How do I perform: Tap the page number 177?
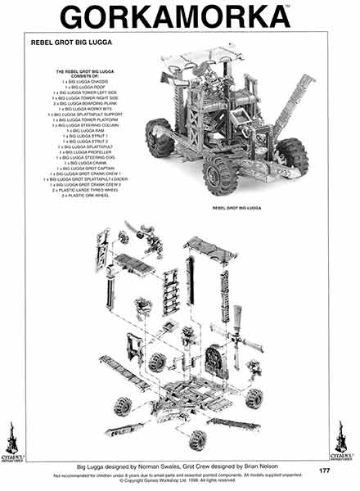pyautogui.click(x=325, y=470)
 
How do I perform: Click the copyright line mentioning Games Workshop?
pyautogui.click(x=180, y=480)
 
